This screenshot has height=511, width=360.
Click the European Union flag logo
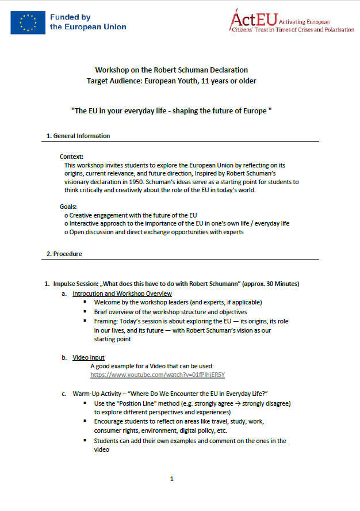point(28,22)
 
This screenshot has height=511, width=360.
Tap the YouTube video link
point(157,375)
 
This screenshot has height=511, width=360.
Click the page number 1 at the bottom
point(171,479)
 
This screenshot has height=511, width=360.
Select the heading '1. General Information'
point(78,136)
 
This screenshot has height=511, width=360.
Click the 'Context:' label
point(72,157)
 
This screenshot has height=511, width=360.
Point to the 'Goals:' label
point(68,206)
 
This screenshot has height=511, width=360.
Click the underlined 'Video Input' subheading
point(88,357)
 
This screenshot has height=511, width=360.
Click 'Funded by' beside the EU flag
point(69,18)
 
